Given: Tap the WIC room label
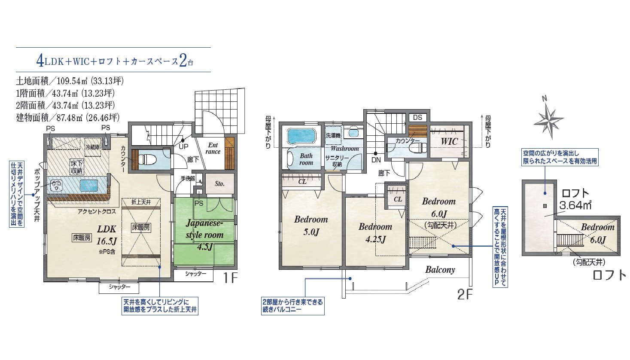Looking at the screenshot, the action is tap(449, 141).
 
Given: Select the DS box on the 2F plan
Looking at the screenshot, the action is tap(418, 117).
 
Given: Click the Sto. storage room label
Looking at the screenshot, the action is tap(219, 184).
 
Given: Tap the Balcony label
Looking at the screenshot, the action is tap(440, 270).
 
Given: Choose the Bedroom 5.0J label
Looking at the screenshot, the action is tap(311, 226).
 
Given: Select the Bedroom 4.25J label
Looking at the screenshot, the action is tap(375, 233).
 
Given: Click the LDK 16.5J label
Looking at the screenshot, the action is tap(107, 235).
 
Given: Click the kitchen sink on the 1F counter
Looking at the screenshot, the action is tap(89, 185).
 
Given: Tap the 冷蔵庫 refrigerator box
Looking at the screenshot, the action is tap(93, 147).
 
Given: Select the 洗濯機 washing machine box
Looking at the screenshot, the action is tap(333, 136).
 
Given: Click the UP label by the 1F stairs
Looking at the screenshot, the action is tap(184, 146).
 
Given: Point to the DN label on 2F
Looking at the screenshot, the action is tap(376, 160).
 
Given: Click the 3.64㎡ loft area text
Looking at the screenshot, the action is tap(575, 205).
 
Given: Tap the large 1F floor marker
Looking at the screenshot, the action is tap(230, 278).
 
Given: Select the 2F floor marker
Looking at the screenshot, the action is tap(465, 294).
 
